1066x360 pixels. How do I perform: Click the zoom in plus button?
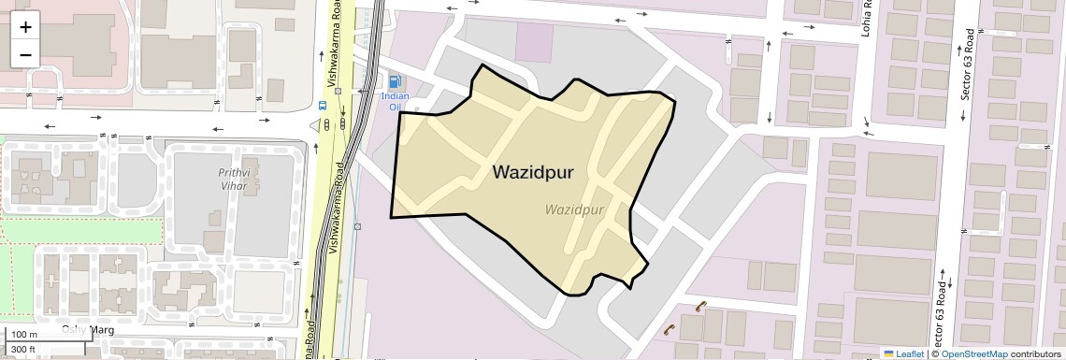(x=25, y=26)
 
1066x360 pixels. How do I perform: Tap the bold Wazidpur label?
(x=533, y=173)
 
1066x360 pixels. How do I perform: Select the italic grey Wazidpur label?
(x=575, y=209)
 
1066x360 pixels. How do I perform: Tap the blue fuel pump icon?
(x=395, y=82)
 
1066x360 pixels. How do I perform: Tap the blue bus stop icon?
(x=323, y=106)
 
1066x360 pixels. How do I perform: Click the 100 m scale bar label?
(x=23, y=335)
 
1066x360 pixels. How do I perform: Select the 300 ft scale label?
(x=23, y=350)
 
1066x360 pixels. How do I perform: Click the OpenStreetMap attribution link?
(x=974, y=354)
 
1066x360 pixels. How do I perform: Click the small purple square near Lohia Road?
(x=534, y=42)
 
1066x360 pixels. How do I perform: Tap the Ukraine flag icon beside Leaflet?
(x=888, y=354)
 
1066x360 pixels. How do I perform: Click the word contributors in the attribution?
(x=1036, y=354)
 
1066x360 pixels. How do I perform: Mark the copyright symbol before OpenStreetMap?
(x=934, y=354)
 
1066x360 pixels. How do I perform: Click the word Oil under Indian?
(x=395, y=107)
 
